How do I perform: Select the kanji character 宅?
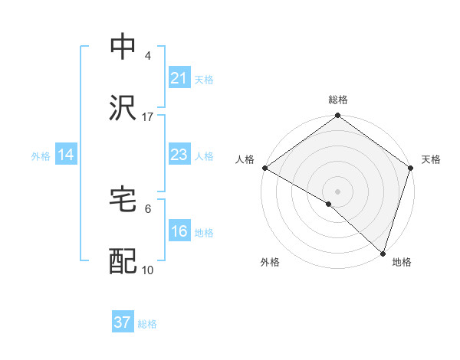123,198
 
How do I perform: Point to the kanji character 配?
123,260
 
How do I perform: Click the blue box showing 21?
179,78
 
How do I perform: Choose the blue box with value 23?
179,155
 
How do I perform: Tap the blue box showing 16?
179,231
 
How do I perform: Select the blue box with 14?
66,155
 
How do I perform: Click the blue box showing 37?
122,322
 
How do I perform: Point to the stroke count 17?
148,116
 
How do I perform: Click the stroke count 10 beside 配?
148,270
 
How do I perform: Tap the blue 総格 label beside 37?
147,324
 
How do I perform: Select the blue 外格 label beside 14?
41,155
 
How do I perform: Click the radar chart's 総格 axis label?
337,100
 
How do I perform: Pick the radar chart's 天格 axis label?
431,159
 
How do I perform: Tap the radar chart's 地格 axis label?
402,262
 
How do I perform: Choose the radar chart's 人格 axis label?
245,159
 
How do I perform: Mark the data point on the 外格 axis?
329,204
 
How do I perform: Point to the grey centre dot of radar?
337,191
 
